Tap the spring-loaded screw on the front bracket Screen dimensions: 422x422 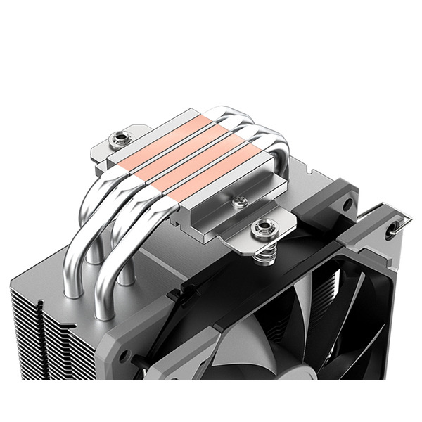pos(264,226)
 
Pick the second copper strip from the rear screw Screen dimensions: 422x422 pos(190,148)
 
